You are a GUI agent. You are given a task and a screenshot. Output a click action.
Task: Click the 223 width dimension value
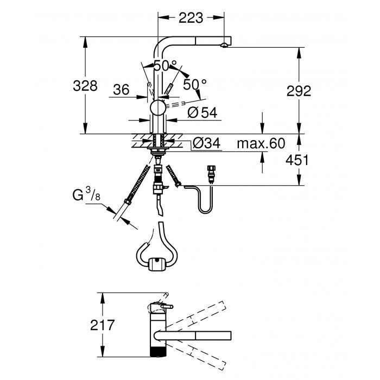click(x=191, y=18)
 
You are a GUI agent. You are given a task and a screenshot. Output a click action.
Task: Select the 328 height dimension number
click(x=85, y=86)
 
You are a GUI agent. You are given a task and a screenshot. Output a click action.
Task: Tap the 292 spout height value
click(x=299, y=91)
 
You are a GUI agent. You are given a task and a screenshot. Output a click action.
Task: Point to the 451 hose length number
click(x=297, y=160)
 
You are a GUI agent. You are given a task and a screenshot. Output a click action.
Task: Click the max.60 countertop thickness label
click(x=261, y=143)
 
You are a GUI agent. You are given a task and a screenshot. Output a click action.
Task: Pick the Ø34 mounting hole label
click(x=207, y=143)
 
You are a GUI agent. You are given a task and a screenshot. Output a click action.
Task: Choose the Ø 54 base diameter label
click(x=202, y=112)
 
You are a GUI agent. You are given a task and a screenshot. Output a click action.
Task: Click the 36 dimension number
click(x=121, y=90)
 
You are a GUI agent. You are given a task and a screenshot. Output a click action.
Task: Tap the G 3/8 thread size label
click(x=86, y=195)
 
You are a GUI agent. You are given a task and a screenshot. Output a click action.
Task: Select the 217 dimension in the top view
click(x=102, y=325)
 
